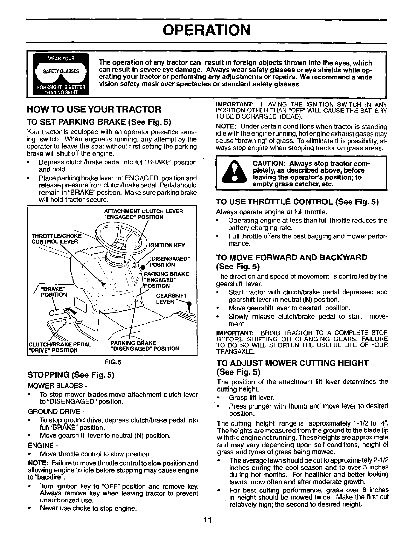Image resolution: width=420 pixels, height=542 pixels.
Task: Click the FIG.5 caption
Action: (112, 362)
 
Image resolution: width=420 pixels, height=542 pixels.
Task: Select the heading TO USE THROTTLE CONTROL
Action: (297, 202)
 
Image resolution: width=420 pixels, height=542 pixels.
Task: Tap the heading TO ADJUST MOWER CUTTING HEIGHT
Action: (292, 363)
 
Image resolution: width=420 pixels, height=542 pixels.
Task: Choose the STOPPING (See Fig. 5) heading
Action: (70, 375)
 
